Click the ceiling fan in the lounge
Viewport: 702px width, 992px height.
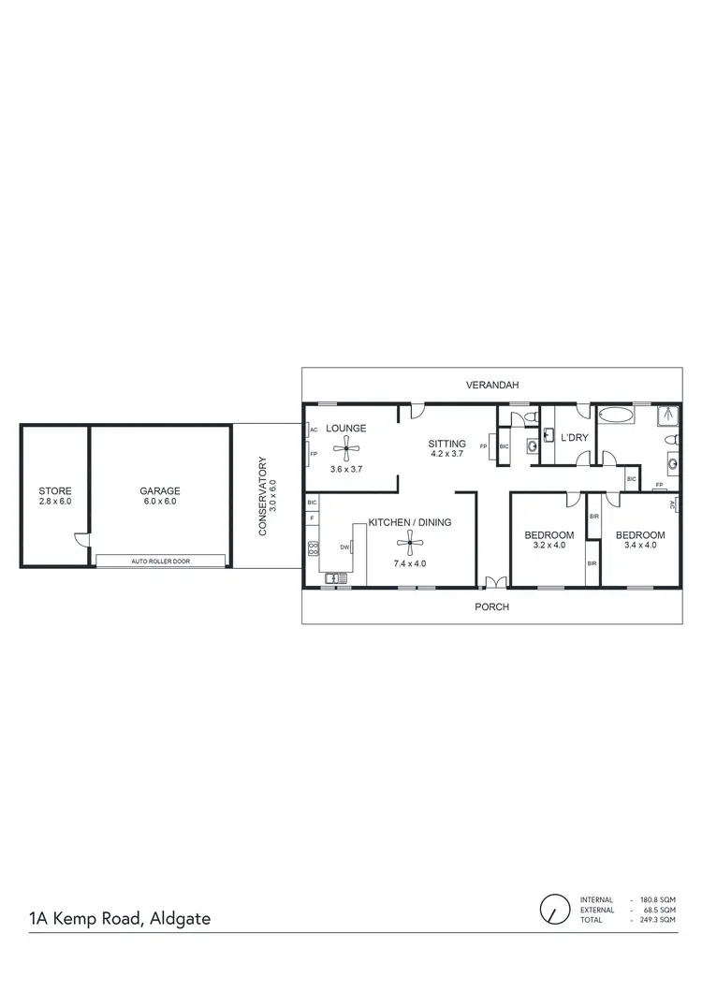point(345,448)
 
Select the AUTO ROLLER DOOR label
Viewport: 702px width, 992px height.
point(162,562)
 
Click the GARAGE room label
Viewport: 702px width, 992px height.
point(160,490)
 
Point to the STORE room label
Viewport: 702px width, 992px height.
point(54,490)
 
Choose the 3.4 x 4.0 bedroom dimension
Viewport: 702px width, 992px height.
point(640,546)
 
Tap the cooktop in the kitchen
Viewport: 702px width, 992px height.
point(313,549)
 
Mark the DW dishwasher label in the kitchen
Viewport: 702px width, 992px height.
point(344,547)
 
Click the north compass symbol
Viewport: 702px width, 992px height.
point(554,908)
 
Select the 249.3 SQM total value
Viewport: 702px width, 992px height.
point(656,921)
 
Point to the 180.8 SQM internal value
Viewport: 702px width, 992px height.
point(656,899)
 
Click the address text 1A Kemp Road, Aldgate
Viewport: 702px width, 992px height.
point(118,918)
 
